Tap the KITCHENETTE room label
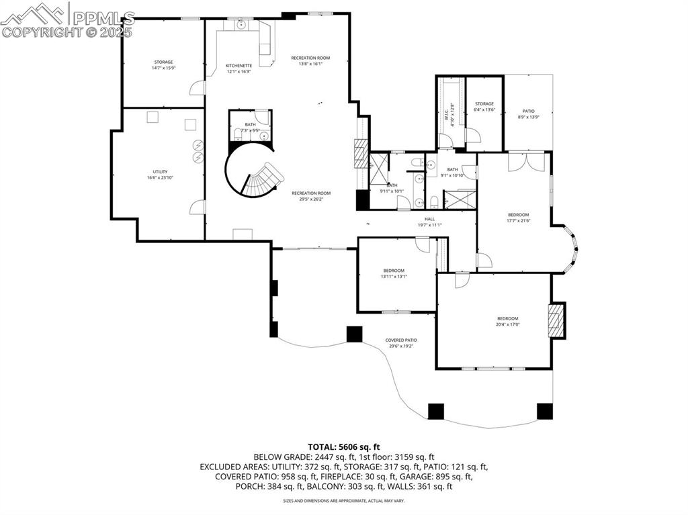pyautogui.click(x=239, y=65)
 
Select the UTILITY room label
pyautogui.click(x=160, y=171)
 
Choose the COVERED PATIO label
pyautogui.click(x=400, y=340)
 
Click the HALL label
pyautogui.click(x=429, y=218)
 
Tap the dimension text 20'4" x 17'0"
pyautogui.click(x=508, y=325)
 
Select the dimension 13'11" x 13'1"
pyautogui.click(x=394, y=276)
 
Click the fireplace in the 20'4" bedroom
pyautogui.click(x=555, y=320)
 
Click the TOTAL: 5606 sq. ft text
pyautogui.click(x=344, y=447)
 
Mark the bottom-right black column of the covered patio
pyautogui.click(x=544, y=411)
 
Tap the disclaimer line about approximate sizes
pyautogui.click(x=343, y=501)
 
